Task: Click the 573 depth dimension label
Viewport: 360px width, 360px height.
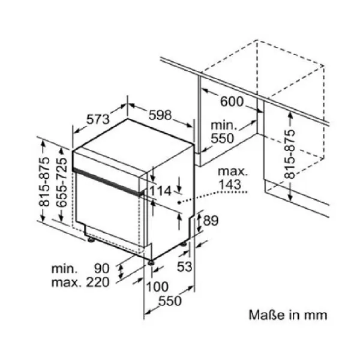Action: (98, 119)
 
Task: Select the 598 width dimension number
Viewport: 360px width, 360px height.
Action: (160, 115)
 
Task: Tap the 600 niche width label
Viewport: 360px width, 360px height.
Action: (232, 101)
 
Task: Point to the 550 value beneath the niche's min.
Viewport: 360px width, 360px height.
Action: (222, 138)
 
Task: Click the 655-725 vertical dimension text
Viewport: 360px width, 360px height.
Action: (62, 182)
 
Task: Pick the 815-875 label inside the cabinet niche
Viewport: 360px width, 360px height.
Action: (290, 154)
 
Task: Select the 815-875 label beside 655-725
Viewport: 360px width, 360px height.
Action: (44, 182)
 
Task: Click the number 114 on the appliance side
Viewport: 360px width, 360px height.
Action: (160, 191)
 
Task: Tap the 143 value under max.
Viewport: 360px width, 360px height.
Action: (230, 184)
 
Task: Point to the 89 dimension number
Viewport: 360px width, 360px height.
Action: (211, 221)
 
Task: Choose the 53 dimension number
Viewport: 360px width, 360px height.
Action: (184, 267)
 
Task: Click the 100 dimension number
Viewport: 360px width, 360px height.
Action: (157, 287)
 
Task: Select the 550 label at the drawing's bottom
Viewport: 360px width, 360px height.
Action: (170, 301)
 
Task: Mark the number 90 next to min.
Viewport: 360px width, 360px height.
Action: (102, 269)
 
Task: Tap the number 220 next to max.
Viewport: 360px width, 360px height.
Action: (98, 283)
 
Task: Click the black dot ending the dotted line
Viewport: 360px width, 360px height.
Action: (179, 202)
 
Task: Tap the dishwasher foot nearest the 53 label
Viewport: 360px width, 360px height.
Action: (184, 244)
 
